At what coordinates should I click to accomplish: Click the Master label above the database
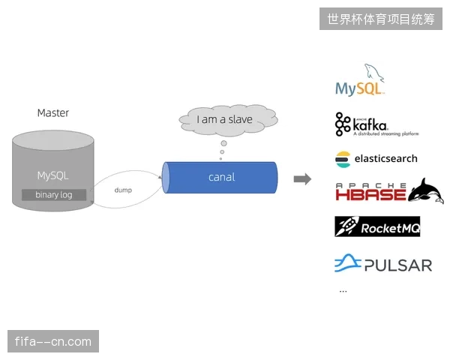tap(53, 112)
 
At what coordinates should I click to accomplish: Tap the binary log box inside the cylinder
tap(54, 195)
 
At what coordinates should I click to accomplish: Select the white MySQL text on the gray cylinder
tap(52, 175)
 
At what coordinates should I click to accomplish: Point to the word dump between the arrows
tap(123, 190)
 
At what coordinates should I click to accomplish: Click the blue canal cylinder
tap(220, 178)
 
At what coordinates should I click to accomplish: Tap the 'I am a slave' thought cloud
tap(228, 120)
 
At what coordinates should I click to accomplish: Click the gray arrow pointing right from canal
tap(302, 179)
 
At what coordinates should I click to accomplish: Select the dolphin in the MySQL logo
tap(374, 73)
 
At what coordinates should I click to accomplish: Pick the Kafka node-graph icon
tap(343, 124)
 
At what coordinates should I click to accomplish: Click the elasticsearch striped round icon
tap(343, 159)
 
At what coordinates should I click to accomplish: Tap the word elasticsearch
tap(386, 158)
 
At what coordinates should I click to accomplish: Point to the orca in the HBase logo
tap(427, 190)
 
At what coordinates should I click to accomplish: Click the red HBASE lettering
tap(370, 195)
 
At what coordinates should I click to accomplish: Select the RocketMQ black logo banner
tap(377, 226)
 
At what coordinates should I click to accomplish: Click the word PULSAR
tap(398, 265)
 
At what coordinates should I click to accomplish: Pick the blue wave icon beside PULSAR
tap(348, 262)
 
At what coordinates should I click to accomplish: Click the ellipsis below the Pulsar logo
tap(343, 292)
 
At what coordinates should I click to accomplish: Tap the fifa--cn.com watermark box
tap(53, 341)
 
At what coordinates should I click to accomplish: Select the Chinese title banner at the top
tap(381, 19)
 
